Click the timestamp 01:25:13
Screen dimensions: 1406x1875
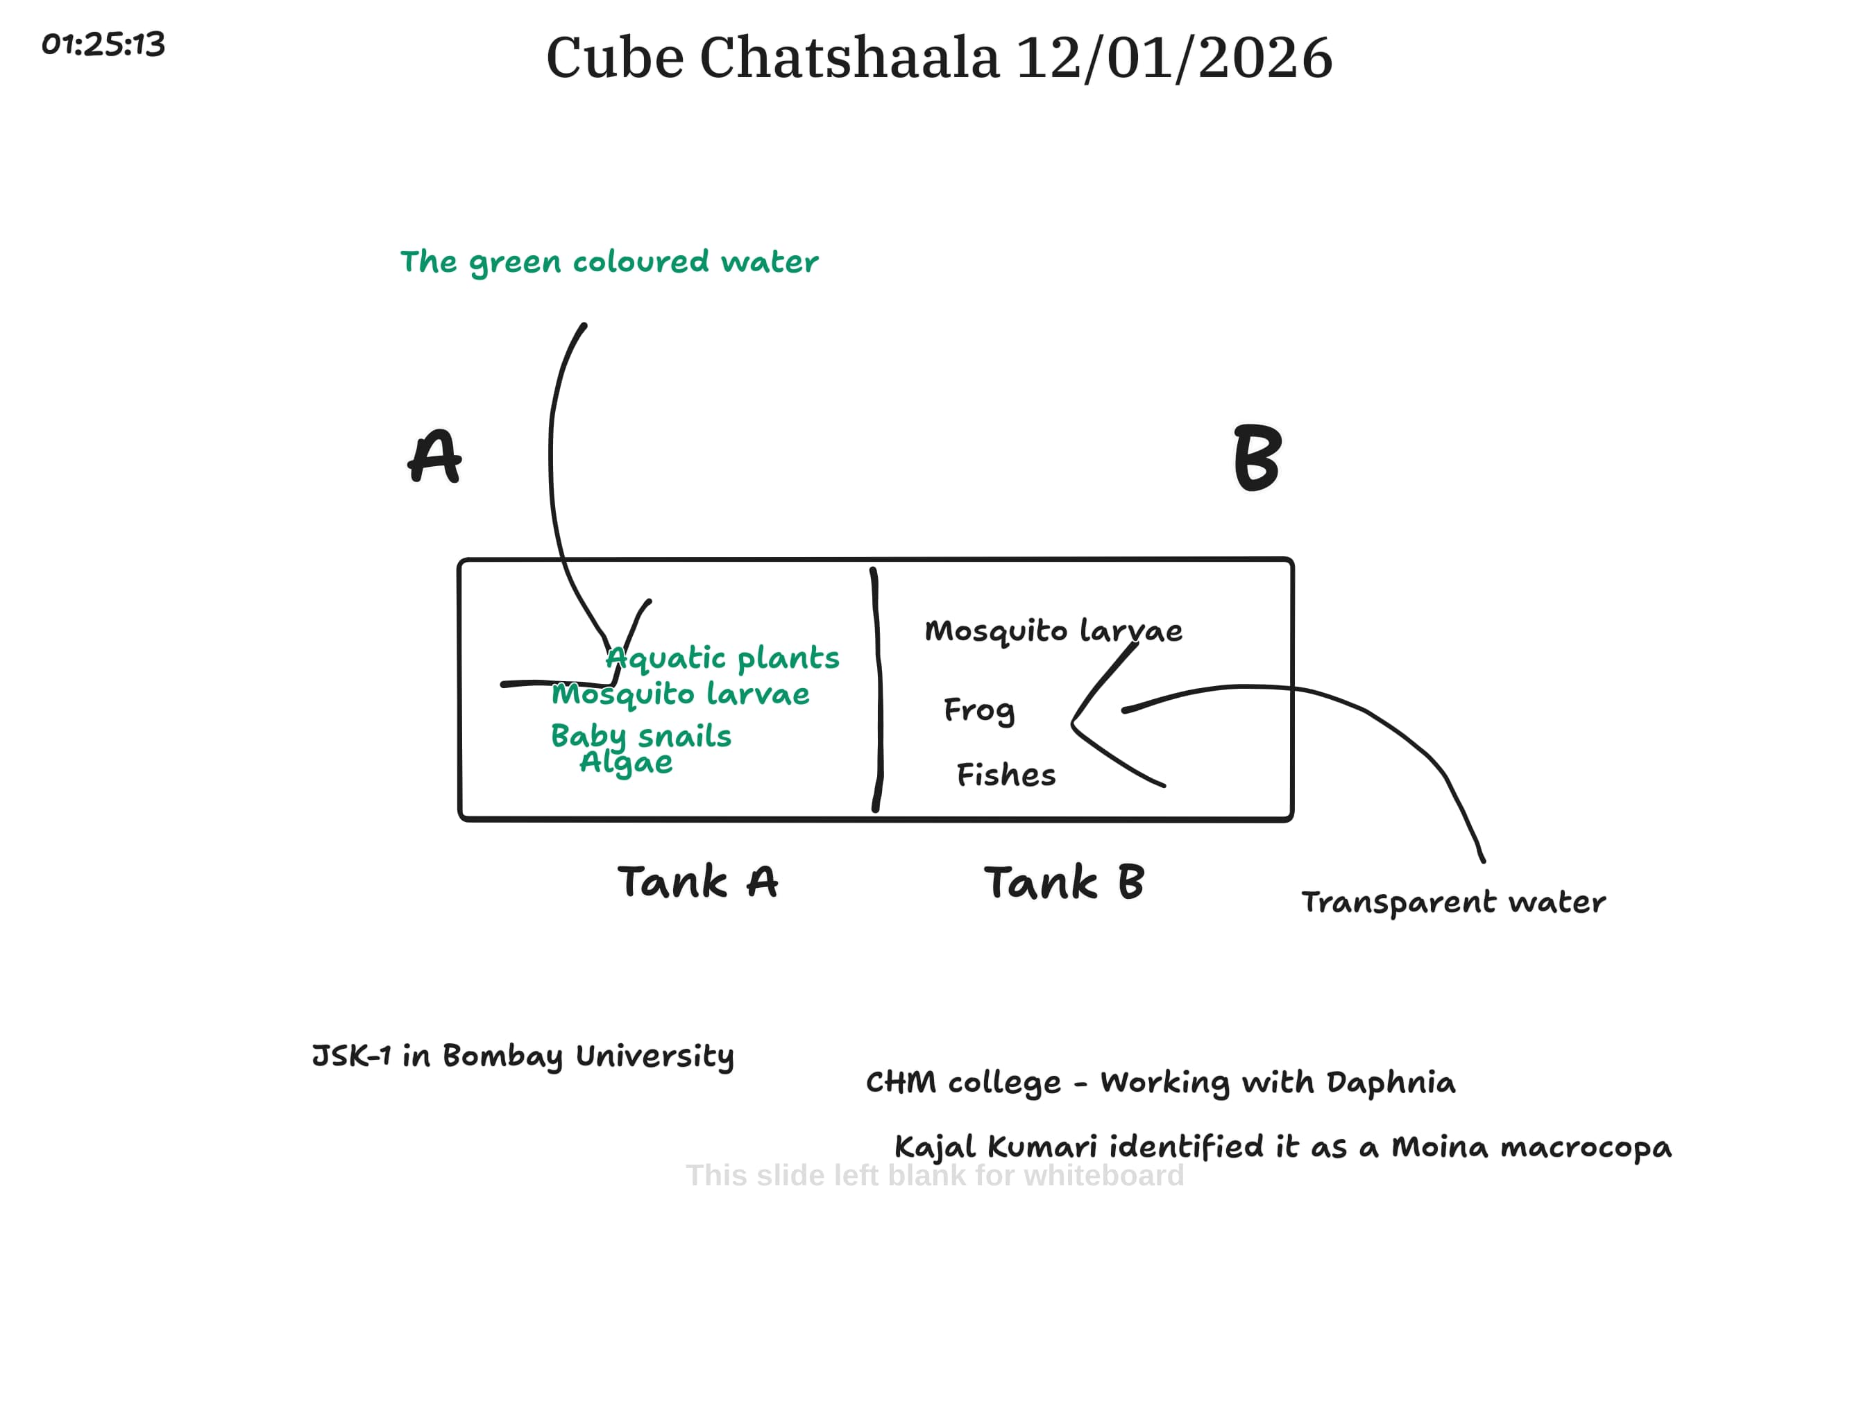tap(103, 44)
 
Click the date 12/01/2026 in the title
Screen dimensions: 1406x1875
tap(1174, 58)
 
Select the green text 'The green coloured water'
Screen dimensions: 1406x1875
tap(609, 262)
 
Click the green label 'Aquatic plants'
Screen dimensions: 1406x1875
tap(723, 658)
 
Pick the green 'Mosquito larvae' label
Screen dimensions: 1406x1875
tap(681, 695)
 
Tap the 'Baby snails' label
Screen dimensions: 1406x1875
tap(640, 736)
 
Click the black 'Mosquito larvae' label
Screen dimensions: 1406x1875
tap(1053, 631)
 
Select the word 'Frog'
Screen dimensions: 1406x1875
tap(979, 710)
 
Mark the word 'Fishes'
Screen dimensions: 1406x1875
tap(1006, 775)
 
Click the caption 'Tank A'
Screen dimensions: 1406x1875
tap(697, 882)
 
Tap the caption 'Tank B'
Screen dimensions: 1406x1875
tap(1064, 882)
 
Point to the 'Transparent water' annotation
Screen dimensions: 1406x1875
tap(1453, 902)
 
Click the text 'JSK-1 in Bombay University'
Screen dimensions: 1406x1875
tap(523, 1056)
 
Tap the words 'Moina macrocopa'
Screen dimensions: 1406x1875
tap(1531, 1147)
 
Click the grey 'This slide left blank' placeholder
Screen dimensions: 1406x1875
tap(934, 1176)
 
